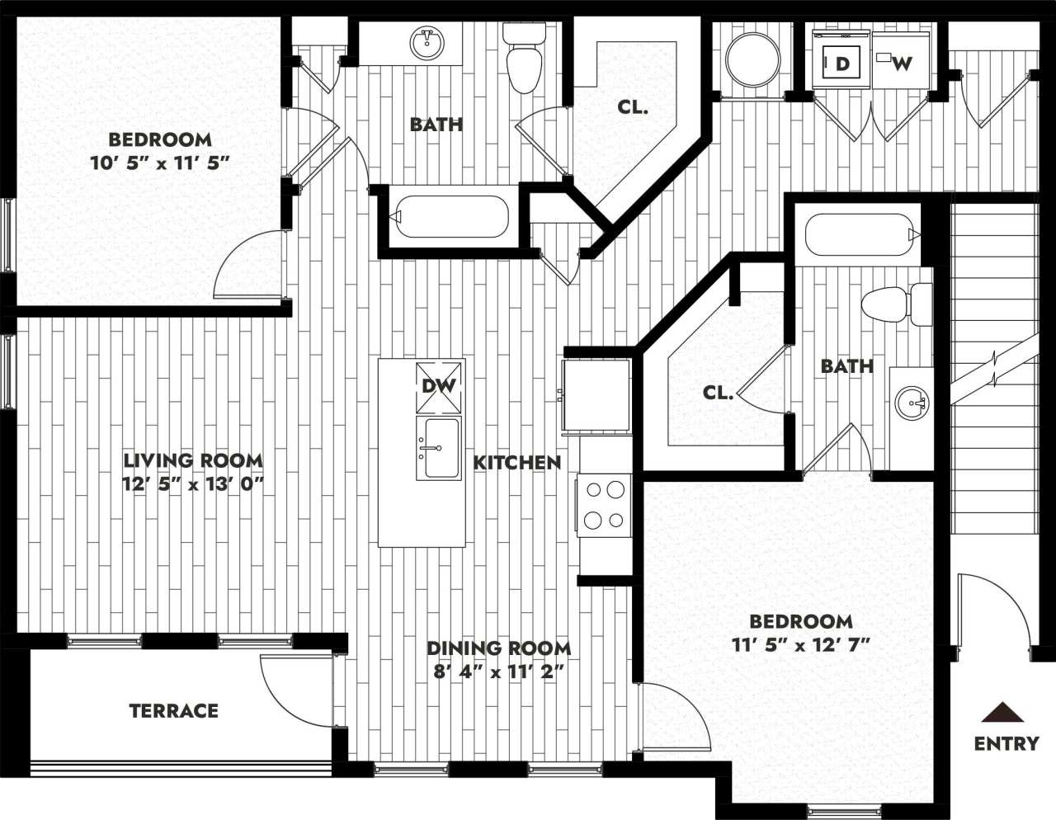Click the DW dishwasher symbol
[440, 386]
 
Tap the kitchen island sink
[440, 448]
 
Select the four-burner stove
[605, 505]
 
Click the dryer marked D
[841, 63]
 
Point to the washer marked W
[903, 63]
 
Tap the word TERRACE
[174, 710]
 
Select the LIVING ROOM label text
[193, 460]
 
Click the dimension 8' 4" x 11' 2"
[498, 671]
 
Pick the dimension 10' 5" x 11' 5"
[159, 163]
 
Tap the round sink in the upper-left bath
[427, 43]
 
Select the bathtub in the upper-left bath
[450, 217]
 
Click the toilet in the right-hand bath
[895, 304]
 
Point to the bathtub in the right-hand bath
[860, 233]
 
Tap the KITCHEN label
[517, 463]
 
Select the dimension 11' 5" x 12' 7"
[801, 644]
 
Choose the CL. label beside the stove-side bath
[718, 393]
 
